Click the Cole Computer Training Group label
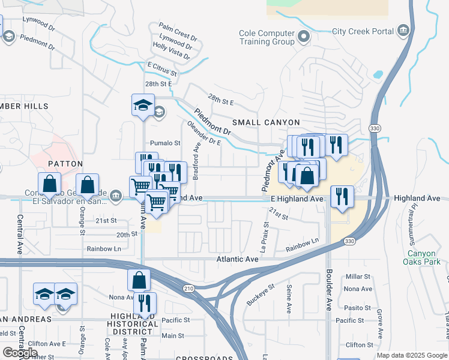(267, 37)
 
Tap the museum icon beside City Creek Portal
(403, 31)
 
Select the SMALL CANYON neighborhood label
(262, 122)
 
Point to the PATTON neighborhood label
(65, 163)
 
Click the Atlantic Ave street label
(237, 259)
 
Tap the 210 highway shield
(189, 289)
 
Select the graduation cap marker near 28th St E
(143, 106)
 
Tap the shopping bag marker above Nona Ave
(139, 280)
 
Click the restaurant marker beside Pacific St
(145, 303)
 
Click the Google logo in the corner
(20, 353)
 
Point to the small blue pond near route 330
(378, 75)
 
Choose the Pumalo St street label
(165, 143)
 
